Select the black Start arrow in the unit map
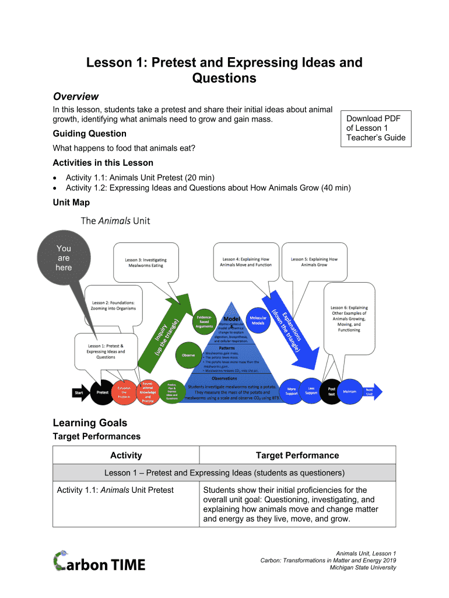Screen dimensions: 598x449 79,392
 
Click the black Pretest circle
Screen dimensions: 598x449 102,392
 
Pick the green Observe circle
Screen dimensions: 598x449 189,355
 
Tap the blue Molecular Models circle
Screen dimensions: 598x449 258,321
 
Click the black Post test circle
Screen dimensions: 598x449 331,391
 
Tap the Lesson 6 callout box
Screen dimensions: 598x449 349,318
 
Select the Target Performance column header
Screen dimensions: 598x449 297,455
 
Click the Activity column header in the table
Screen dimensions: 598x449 126,455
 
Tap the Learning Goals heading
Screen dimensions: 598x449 90,422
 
